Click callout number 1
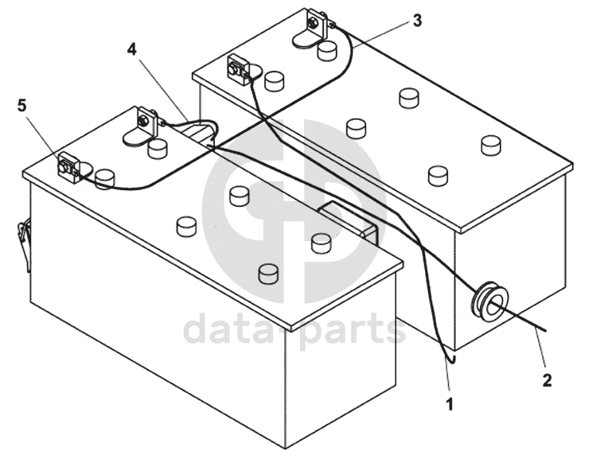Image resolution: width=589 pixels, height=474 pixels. pyautogui.click(x=450, y=404)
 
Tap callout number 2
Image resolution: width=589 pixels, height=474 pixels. pyautogui.click(x=547, y=379)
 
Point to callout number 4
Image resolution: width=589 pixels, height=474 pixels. pyautogui.click(x=132, y=49)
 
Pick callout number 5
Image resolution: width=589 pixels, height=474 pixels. pyautogui.click(x=21, y=105)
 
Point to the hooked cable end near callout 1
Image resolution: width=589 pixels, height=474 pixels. pyautogui.click(x=451, y=359)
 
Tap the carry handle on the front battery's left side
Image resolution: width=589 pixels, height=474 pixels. pyautogui.click(x=22, y=238)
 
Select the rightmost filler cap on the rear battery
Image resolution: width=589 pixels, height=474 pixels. pyautogui.click(x=491, y=146)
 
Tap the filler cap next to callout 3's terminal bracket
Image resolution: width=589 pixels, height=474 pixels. pyautogui.click(x=327, y=52)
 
